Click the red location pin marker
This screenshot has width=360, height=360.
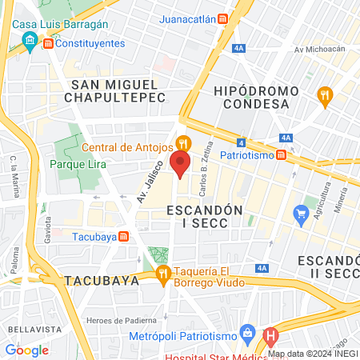click(181, 166)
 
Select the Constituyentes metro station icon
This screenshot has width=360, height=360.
click(49, 42)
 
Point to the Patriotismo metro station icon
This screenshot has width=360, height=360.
click(281, 154)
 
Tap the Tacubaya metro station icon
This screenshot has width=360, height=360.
click(123, 236)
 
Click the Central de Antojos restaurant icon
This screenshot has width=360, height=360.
click(184, 144)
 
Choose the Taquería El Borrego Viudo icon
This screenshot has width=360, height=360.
click(164, 275)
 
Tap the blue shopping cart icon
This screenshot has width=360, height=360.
click(302, 213)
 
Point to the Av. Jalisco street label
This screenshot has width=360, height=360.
click(150, 182)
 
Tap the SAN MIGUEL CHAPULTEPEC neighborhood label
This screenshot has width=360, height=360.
click(118, 90)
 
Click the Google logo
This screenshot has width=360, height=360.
click(26, 350)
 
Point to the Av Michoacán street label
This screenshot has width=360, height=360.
click(319, 49)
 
